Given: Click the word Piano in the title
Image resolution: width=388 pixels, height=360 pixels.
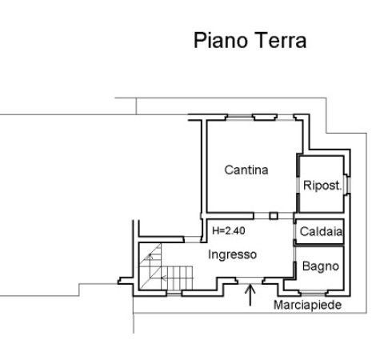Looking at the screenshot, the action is click(221, 41).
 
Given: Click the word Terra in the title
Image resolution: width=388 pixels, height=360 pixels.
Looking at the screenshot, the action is click(281, 40).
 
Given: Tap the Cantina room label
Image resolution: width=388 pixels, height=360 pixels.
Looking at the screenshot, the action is click(246, 170).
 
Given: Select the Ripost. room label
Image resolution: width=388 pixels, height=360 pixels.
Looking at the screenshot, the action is click(322, 186).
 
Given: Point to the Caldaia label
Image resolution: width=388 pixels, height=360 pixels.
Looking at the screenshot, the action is click(321, 231).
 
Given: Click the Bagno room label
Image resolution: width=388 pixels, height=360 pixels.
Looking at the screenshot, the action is click(321, 266).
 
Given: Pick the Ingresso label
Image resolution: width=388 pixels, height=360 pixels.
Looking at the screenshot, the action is click(232, 254).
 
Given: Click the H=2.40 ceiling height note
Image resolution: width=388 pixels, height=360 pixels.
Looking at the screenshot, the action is click(229, 230).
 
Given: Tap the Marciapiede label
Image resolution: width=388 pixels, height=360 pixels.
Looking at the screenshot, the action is click(307, 305).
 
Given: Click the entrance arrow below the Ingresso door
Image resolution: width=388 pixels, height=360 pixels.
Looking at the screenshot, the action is click(250, 295).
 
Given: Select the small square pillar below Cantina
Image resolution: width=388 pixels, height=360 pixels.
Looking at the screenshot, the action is click(274, 215).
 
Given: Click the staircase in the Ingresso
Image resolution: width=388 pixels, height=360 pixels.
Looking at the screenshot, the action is click(166, 266).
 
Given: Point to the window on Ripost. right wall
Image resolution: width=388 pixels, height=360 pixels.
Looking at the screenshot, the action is click(347, 185).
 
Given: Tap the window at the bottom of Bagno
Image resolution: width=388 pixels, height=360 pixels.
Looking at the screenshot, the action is click(313, 293).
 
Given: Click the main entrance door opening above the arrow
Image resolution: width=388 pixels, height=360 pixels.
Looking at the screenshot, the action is click(250, 280).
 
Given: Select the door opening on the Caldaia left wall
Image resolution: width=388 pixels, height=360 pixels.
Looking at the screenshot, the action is click(295, 232).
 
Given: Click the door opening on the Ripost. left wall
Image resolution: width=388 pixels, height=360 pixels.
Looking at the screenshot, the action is click(298, 185).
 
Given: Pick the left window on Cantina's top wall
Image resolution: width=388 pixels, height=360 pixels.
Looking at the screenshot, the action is click(240, 118).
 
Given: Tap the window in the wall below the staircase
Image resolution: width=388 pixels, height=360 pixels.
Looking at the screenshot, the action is click(174, 294).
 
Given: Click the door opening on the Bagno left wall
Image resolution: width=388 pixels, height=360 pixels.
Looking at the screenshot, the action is click(295, 254).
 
